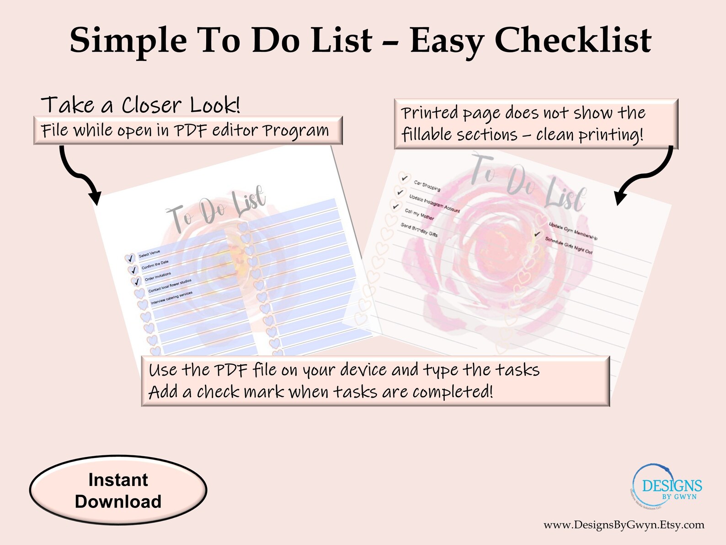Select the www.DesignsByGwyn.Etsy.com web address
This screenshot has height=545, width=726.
[x=624, y=525]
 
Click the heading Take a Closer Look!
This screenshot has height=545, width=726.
[x=140, y=105]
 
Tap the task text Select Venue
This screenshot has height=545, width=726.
[x=149, y=254]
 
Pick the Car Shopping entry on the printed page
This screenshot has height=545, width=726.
[x=427, y=185]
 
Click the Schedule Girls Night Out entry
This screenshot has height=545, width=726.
[x=569, y=246]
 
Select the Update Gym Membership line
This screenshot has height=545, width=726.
[x=573, y=231]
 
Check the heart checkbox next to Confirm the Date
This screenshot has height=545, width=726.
[x=133, y=270]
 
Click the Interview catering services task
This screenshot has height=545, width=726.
[x=172, y=297]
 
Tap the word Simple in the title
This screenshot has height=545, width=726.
[x=128, y=41]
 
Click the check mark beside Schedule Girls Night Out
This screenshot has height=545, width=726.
[x=538, y=234]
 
